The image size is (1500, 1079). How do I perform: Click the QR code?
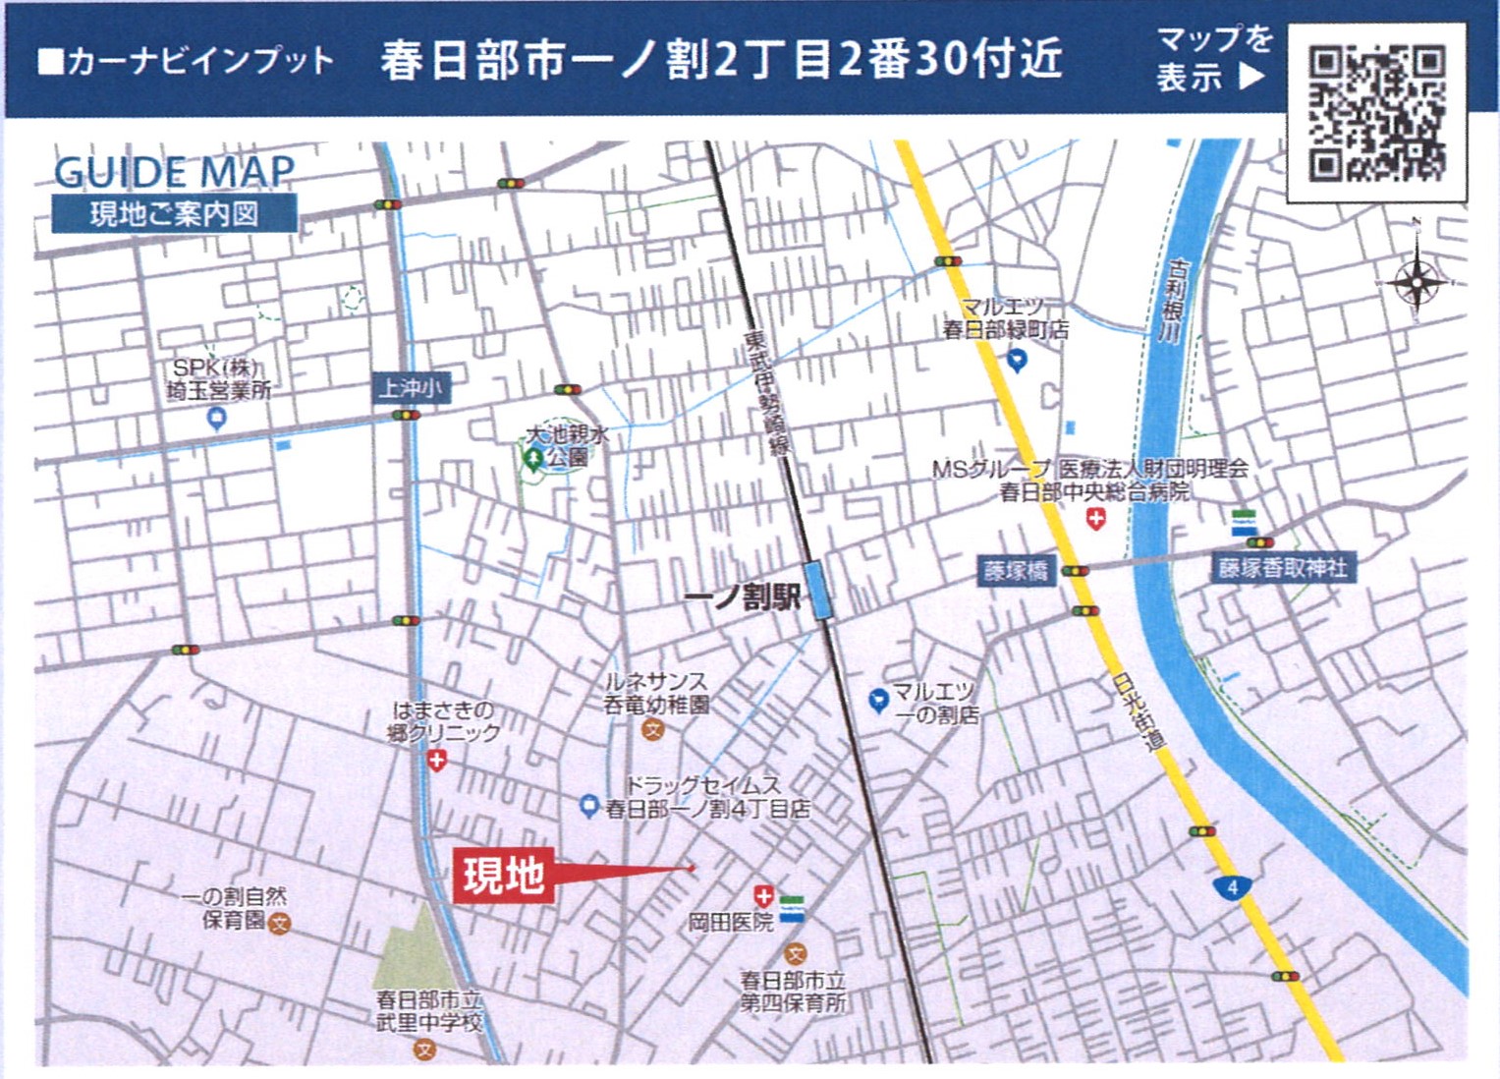(x=1377, y=114)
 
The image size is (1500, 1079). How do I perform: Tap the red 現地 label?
(x=504, y=875)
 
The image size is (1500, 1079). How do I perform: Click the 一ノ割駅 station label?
(x=743, y=596)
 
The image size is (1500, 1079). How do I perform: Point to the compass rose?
(x=1417, y=283)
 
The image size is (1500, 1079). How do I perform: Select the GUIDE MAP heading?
(x=174, y=173)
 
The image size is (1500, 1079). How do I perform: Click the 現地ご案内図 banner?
(x=174, y=213)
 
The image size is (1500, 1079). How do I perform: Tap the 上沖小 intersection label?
(x=410, y=388)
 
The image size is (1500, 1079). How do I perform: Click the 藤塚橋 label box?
(x=1016, y=570)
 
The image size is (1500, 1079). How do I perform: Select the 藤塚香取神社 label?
(x=1282, y=568)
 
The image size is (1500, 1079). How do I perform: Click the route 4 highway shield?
(x=1232, y=888)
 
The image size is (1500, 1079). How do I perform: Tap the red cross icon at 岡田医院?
(x=763, y=895)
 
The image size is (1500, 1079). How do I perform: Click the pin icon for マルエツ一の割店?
(x=879, y=700)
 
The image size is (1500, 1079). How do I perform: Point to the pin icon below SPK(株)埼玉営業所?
(x=217, y=419)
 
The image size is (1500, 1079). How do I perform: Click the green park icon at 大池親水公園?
(x=533, y=458)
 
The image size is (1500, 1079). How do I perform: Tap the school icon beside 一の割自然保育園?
(x=280, y=924)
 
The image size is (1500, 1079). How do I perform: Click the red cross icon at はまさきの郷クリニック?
(x=437, y=760)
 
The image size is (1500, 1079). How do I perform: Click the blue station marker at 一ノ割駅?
(x=817, y=590)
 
